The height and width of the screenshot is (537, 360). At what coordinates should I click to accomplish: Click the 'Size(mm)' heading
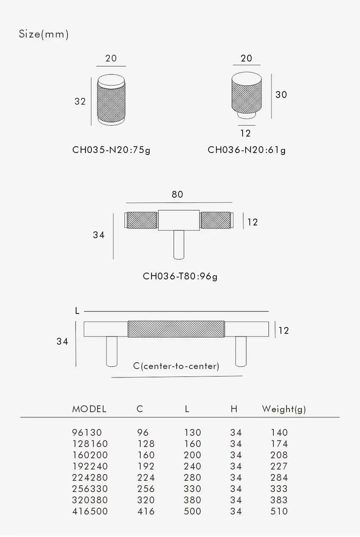tap(43, 34)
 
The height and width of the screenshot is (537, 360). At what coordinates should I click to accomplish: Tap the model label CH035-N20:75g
tap(111, 150)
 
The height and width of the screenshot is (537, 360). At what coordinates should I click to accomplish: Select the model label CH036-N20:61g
tap(246, 150)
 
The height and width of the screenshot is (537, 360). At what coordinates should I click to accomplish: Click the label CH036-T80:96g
tap(180, 276)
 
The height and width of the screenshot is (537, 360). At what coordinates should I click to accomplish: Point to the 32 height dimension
tap(80, 101)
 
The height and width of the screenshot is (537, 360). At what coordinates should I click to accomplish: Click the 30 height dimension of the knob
tap(281, 94)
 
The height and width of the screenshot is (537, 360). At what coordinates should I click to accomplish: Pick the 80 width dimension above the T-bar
tap(177, 194)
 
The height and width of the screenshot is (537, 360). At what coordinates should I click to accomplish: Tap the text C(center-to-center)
tap(176, 366)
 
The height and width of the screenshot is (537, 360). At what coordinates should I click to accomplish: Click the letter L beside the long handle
tap(77, 311)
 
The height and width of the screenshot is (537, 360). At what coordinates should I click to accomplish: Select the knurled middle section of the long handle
tap(176, 329)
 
